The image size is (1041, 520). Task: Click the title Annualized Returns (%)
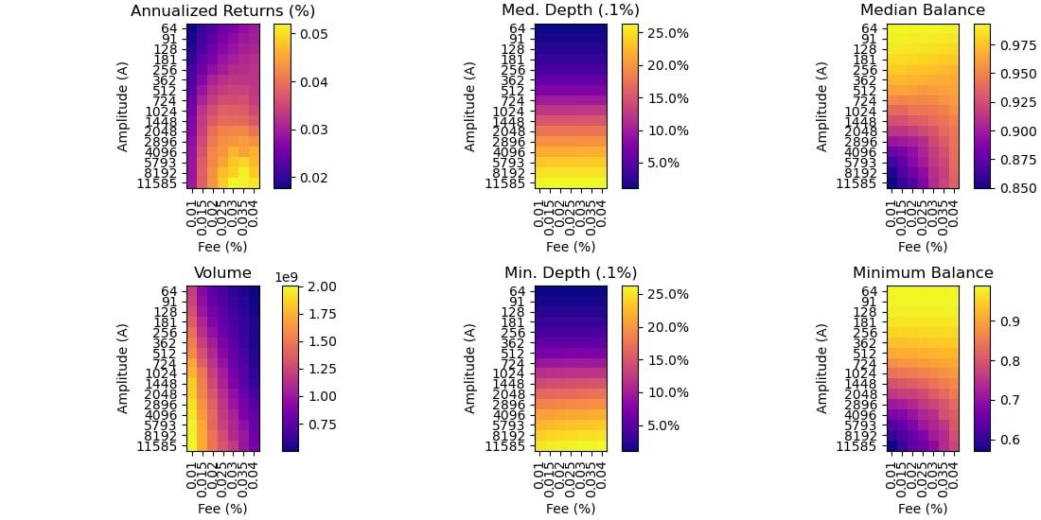(x=222, y=11)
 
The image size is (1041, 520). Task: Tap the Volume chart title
(x=222, y=273)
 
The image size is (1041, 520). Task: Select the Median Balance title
(x=923, y=11)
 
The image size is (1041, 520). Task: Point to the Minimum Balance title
(x=923, y=273)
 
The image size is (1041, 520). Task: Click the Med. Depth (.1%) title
(x=571, y=11)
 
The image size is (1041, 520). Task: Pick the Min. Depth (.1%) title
(x=571, y=273)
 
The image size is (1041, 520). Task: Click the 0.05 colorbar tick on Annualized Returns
(x=313, y=34)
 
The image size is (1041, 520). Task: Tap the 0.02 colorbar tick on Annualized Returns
(x=313, y=178)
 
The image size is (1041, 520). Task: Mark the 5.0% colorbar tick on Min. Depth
(x=663, y=425)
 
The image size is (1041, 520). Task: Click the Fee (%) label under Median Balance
(x=923, y=248)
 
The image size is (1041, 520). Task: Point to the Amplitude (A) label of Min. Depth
(x=470, y=368)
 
